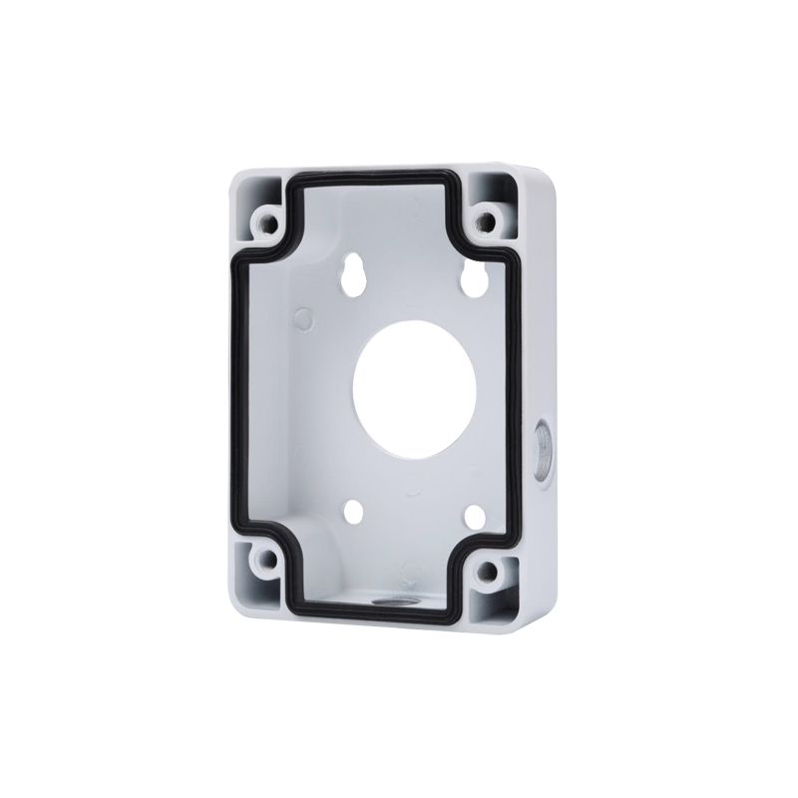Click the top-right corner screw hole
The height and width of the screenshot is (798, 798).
tap(488, 219)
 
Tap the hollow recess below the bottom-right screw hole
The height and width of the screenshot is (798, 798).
tap(502, 603)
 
